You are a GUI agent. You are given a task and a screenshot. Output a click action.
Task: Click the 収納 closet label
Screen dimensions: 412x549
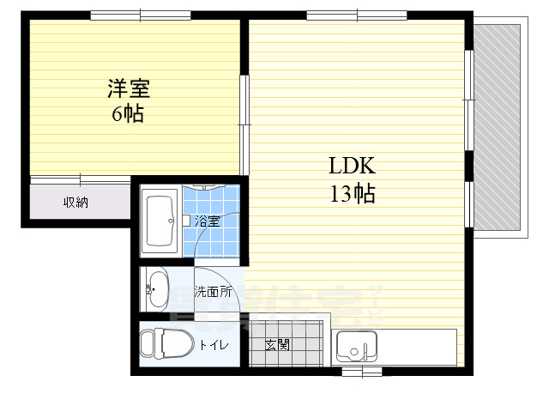[75, 203]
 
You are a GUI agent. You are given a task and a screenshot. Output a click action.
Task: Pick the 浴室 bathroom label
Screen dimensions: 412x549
[207, 221]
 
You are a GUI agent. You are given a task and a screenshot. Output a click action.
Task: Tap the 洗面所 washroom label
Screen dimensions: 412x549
[213, 291]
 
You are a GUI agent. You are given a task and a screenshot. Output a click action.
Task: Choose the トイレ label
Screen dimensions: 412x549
[214, 345]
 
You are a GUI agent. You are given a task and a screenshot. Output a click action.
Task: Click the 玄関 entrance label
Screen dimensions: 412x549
[276, 345]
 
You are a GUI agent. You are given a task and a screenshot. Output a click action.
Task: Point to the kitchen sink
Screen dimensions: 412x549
[354, 348]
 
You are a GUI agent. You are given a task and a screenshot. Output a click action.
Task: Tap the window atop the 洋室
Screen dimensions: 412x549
[129, 15]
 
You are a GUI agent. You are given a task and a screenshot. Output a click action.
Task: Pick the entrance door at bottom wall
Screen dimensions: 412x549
[359, 372]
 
